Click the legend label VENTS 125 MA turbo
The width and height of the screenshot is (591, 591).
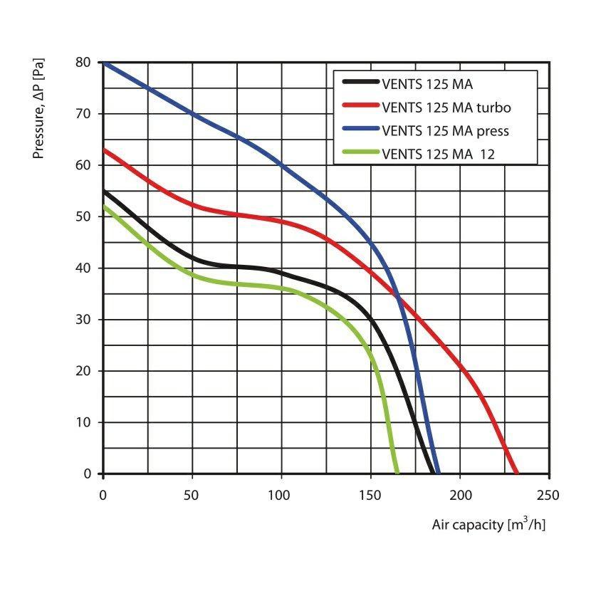pyautogui.click(x=446, y=108)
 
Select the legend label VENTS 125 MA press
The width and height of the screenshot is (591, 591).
pyautogui.click(x=446, y=130)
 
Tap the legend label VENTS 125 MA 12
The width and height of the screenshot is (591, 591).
pyautogui.click(x=438, y=152)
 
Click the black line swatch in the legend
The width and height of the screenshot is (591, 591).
pyautogui.click(x=359, y=85)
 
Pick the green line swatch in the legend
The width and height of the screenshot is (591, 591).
pyautogui.click(x=359, y=152)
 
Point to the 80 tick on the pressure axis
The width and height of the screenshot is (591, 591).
pyautogui.click(x=83, y=63)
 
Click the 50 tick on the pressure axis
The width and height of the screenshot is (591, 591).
pyautogui.click(x=83, y=216)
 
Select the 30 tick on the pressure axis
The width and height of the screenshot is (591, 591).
pyautogui.click(x=83, y=320)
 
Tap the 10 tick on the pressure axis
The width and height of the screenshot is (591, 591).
pyautogui.click(x=83, y=422)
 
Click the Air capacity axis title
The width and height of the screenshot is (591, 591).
pyautogui.click(x=488, y=525)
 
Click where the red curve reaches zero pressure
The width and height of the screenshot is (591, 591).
pyautogui.click(x=516, y=473)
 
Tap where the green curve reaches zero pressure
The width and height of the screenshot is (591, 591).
pyautogui.click(x=397, y=473)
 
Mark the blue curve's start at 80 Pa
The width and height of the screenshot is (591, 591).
pyautogui.click(x=104, y=63)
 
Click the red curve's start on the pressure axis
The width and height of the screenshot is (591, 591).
pyautogui.click(x=104, y=150)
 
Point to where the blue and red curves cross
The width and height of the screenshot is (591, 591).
pyautogui.click(x=398, y=297)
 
